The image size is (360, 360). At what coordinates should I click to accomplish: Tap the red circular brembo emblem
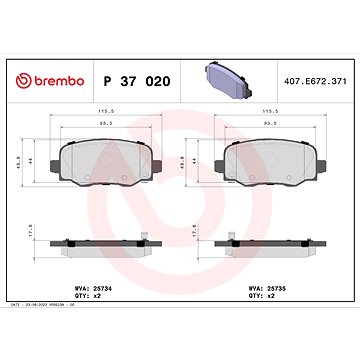[25, 52]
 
